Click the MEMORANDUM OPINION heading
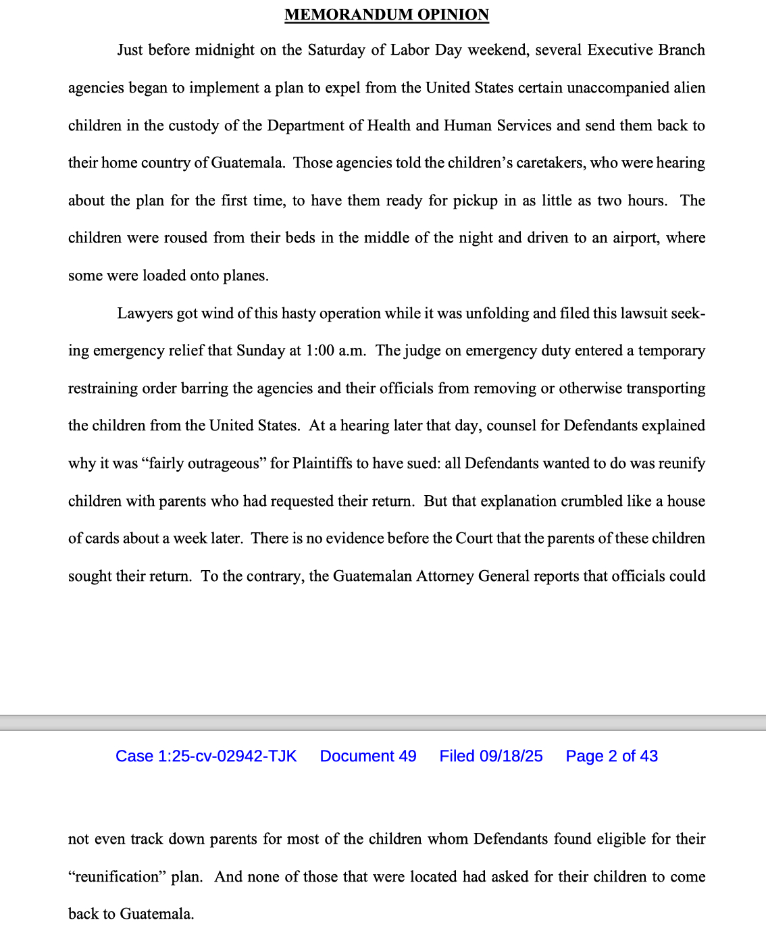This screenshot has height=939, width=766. (x=386, y=14)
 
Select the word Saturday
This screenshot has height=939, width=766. (x=346, y=50)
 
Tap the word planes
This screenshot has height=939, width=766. (x=248, y=276)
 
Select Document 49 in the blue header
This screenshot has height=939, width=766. (x=368, y=756)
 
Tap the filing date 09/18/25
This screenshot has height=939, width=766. (x=511, y=756)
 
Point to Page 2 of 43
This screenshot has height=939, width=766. (x=611, y=756)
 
